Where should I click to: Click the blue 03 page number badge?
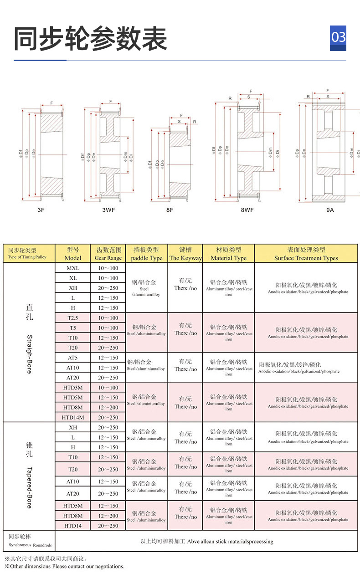[x=338, y=37]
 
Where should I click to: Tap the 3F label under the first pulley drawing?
[x=41, y=210]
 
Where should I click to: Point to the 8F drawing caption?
[x=170, y=210]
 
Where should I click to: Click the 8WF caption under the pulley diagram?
[x=247, y=210]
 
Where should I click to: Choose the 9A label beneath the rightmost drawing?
[x=330, y=210]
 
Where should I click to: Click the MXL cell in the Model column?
[x=73, y=268]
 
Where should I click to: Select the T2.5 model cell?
[x=73, y=318]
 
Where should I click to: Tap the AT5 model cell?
[x=73, y=358]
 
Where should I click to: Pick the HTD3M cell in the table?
[x=73, y=388]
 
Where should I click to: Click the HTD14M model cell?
[x=73, y=417]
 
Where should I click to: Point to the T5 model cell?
[x=73, y=328]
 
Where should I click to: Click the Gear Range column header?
[x=108, y=254]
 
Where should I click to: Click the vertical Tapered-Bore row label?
[x=29, y=487]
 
